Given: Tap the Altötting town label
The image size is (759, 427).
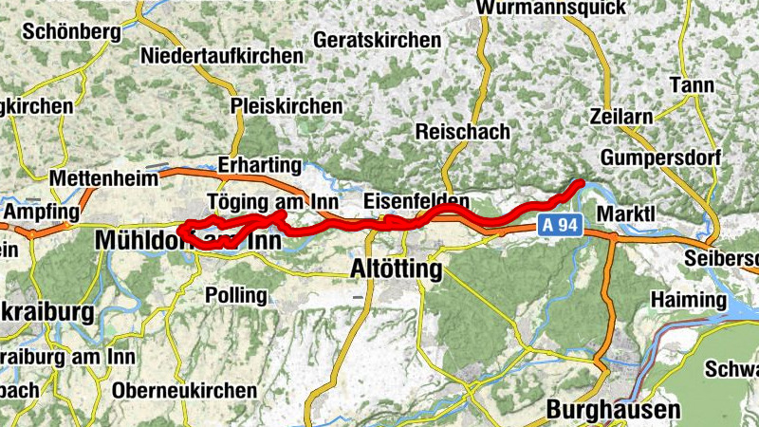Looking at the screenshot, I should coord(397,269).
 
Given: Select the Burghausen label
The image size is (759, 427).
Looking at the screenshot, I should coord(615,410).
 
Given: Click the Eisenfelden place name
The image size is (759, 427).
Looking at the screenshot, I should coord(417,201).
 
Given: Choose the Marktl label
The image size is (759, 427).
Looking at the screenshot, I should coord(627,213).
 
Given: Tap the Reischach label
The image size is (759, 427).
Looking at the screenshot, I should coord(463,132).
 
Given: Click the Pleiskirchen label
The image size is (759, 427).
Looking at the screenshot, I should coord(287,106).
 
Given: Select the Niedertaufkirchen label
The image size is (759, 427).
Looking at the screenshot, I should coord(222,56).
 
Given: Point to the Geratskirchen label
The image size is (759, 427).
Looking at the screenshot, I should coord(378,41).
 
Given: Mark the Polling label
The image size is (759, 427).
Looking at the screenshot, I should coord(236,295).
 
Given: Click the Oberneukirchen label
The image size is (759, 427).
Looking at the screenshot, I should coord(184,390).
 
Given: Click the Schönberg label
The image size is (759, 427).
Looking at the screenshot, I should coord(71,31).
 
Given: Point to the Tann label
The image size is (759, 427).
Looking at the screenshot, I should coord(692,85).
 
